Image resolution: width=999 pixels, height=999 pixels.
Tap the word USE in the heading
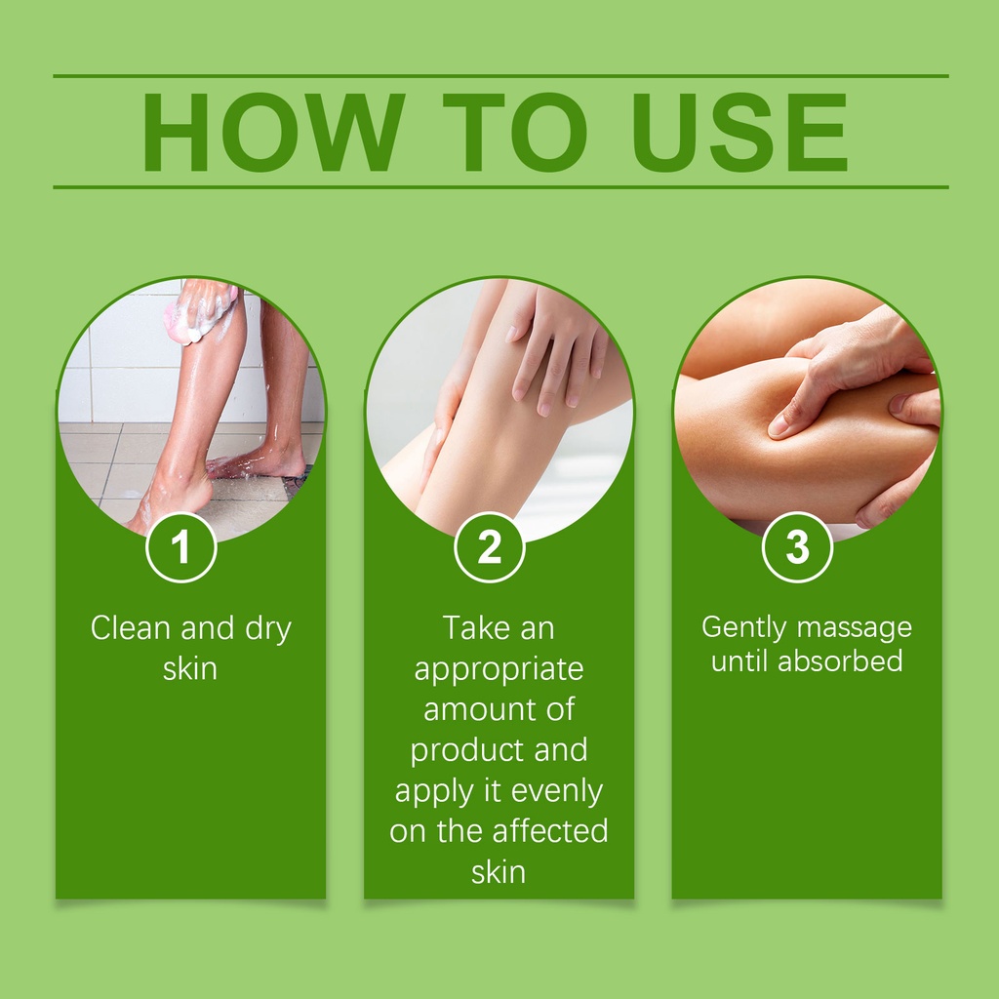tap(739, 132)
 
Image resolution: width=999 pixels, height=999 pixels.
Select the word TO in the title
tap(514, 132)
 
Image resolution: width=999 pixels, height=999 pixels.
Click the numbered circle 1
tap(181, 547)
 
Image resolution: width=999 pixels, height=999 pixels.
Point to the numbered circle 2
tap(490, 547)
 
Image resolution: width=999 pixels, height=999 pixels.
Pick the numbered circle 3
tap(797, 547)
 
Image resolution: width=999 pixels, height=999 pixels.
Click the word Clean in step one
tap(131, 628)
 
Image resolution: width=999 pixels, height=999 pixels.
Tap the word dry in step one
tap(268, 630)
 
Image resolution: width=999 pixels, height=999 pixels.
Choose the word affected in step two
tap(550, 831)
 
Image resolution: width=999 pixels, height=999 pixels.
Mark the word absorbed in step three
tap(840, 660)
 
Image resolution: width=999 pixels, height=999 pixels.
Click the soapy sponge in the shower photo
tap(198, 316)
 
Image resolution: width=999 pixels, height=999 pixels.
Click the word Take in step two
tap(471, 628)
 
